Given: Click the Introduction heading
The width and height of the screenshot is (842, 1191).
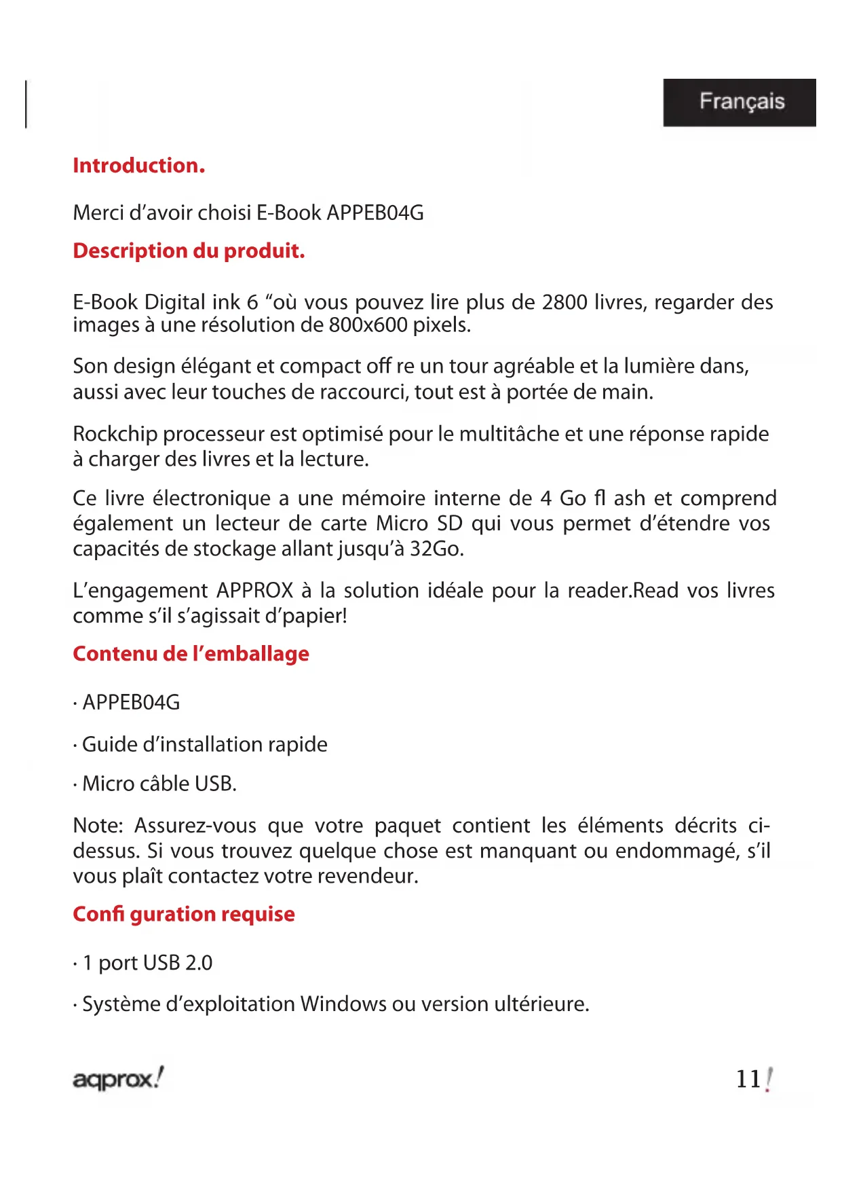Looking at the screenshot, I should [x=138, y=166].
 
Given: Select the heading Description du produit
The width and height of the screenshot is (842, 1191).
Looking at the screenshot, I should [x=189, y=251].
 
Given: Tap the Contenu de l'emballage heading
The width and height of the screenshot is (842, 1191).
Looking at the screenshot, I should [x=191, y=654].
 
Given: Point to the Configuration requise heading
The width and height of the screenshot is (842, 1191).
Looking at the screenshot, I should [x=184, y=915].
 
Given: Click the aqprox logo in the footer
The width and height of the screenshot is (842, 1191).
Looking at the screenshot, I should [x=118, y=1078].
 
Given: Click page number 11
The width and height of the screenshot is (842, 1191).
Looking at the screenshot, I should [x=749, y=1079].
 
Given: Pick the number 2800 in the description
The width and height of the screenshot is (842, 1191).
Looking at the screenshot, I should [x=564, y=302].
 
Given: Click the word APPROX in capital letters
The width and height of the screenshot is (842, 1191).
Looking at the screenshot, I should [x=255, y=591].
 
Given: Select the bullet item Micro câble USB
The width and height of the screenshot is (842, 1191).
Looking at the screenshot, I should [x=159, y=784].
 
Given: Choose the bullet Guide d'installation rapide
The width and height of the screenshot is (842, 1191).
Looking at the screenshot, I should [x=204, y=745].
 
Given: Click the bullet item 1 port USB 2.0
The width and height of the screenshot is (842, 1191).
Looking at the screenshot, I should [x=147, y=963].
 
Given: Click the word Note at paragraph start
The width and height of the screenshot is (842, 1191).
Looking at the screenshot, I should [x=97, y=826].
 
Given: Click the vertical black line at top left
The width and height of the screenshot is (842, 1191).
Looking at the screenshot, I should [x=26, y=104].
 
